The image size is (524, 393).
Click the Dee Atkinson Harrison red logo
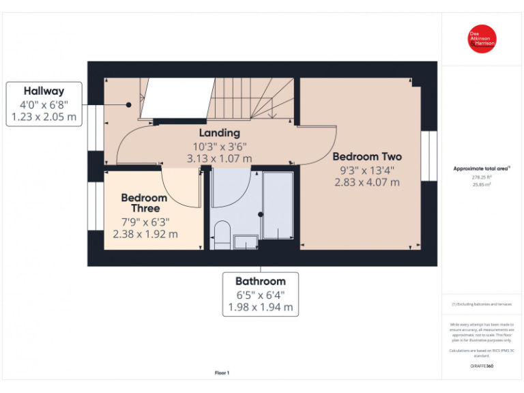(x=482, y=39)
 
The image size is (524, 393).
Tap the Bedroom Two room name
(x=367, y=156)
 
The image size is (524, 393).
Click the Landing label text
(x=219, y=133)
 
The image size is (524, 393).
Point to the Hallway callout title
(x=44, y=91)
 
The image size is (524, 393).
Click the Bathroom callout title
(x=260, y=281)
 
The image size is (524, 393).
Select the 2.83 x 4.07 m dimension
(x=367, y=182)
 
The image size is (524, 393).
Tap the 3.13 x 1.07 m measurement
(x=219, y=158)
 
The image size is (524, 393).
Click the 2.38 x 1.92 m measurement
(x=145, y=234)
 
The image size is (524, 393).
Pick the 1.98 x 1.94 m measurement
(x=260, y=307)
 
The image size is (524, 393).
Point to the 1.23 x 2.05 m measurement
(x=44, y=117)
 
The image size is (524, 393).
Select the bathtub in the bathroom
(x=278, y=205)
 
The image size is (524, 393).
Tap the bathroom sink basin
(x=245, y=242)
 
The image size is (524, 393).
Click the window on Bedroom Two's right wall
(x=428, y=156)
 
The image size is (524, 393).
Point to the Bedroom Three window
(x=96, y=206)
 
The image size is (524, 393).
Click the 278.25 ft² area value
(x=482, y=177)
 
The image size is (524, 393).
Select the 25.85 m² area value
(x=482, y=185)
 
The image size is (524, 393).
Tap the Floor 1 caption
(x=222, y=373)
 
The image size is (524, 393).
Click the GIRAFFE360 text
(x=482, y=366)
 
